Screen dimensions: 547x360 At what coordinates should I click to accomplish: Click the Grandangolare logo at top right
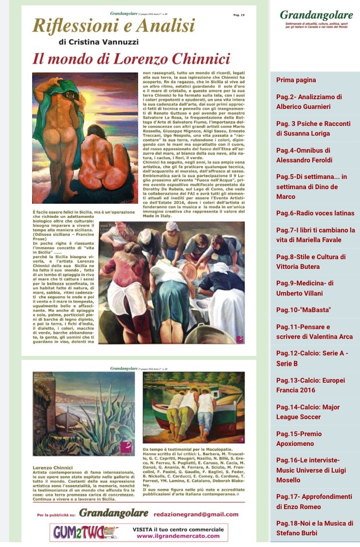pos(316,15)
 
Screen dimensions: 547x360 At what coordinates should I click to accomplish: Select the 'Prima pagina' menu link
pos(296,80)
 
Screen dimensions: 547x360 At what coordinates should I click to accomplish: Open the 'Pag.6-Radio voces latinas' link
pos(315,213)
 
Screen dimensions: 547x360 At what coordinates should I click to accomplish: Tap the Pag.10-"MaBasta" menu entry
pos(296,310)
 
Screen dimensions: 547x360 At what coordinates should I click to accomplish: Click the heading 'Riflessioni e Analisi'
pos(113,26)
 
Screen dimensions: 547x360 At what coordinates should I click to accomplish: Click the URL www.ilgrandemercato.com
pos(178,536)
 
